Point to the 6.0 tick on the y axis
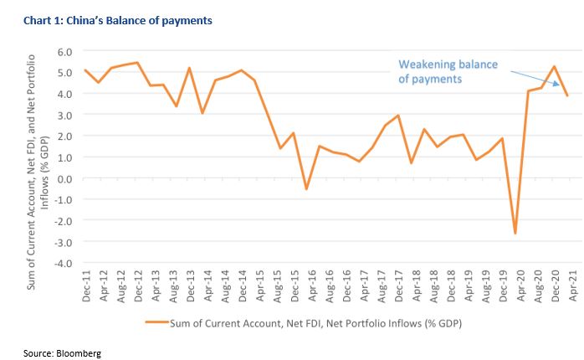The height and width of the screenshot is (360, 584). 64,52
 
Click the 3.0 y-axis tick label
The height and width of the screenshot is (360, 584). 64,115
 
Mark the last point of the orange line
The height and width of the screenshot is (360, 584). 568,95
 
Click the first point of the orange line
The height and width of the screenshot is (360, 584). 85,70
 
